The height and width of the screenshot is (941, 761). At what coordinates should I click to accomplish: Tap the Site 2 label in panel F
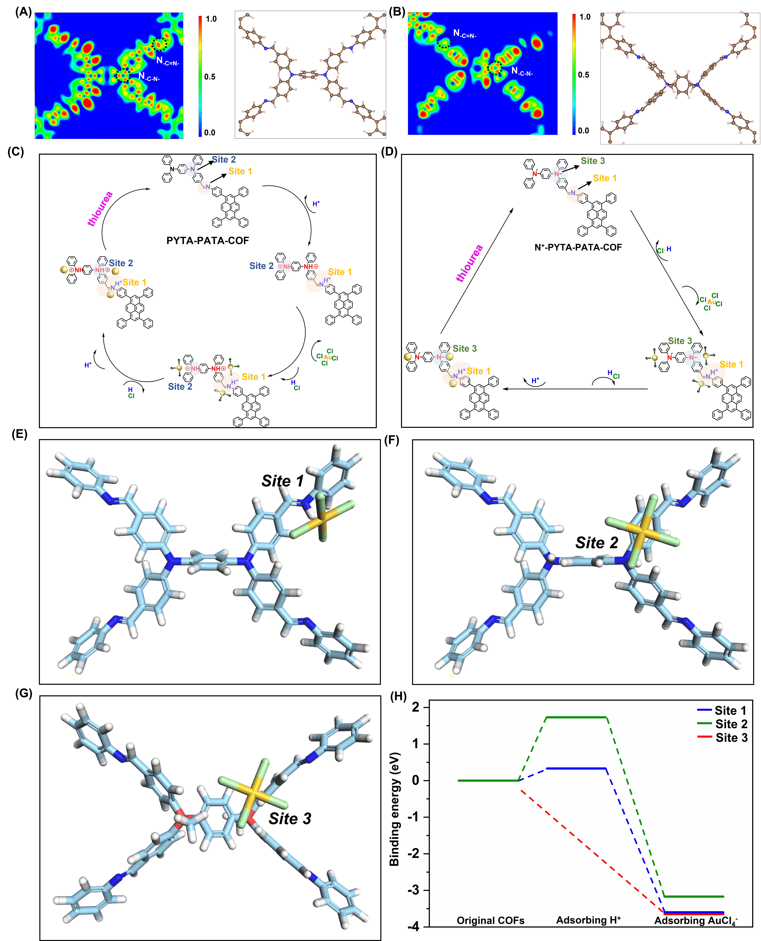(x=597, y=543)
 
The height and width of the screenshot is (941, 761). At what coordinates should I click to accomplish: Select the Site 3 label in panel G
(x=290, y=818)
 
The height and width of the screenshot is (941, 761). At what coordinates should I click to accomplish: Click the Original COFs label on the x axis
(x=491, y=920)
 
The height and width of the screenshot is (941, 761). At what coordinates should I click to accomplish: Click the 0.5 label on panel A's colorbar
(x=210, y=77)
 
